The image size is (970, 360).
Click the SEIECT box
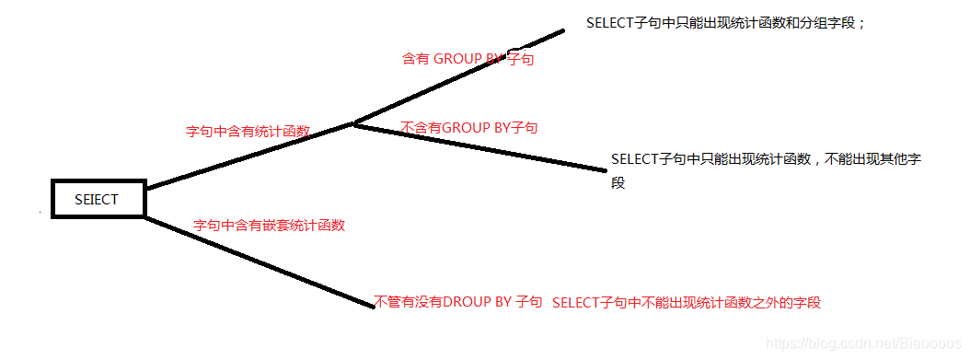[x=98, y=198]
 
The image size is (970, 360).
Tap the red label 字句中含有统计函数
[x=248, y=132]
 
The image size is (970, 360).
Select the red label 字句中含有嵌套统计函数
[x=269, y=225]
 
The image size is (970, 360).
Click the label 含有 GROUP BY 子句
[x=468, y=58]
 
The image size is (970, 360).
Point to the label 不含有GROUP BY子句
[x=469, y=127]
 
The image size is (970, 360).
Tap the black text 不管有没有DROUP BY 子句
[x=458, y=301]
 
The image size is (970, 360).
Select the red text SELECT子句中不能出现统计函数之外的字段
[x=686, y=302]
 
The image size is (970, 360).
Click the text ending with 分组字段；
[x=726, y=23]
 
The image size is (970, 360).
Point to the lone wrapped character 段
[x=618, y=183]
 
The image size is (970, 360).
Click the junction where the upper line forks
[x=353, y=123]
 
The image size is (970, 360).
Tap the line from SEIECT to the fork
[x=248, y=157]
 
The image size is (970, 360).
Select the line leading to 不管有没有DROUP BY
[x=258, y=261]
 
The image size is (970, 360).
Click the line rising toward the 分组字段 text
[x=460, y=77]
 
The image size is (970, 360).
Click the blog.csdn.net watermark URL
[x=864, y=343]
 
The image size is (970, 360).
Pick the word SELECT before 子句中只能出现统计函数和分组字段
[x=610, y=23]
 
